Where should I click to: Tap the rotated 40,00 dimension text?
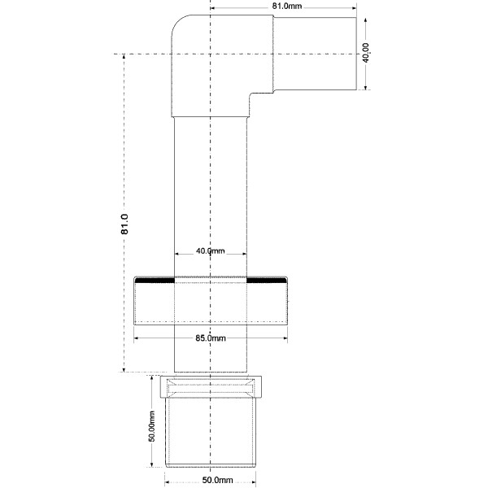366,54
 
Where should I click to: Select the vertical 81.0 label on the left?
124,224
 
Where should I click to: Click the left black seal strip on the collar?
155,281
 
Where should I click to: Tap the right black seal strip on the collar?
266,281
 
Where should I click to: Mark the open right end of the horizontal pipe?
356,54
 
